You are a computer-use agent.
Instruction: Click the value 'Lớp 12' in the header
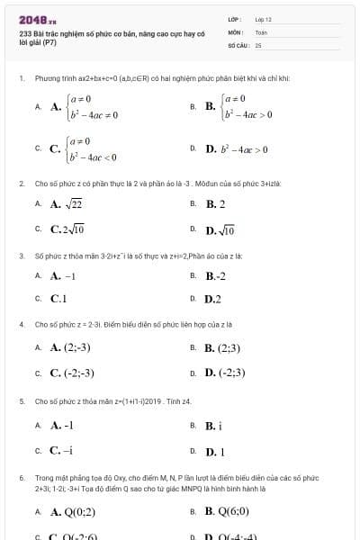point(263,18)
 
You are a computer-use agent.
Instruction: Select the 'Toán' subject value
point(261,31)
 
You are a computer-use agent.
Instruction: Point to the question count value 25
point(258,44)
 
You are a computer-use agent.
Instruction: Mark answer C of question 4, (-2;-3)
point(73,372)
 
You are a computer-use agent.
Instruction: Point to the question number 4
point(21,323)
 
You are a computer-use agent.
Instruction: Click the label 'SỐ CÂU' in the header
point(238,44)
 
